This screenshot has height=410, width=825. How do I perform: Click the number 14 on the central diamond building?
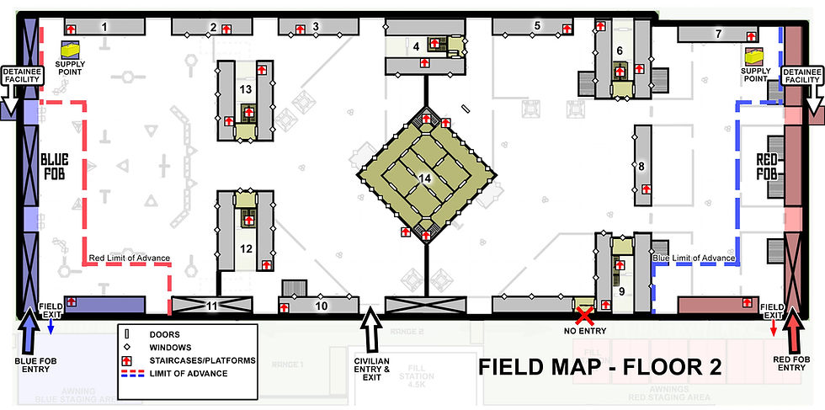(424, 178)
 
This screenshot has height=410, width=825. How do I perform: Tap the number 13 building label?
(246, 88)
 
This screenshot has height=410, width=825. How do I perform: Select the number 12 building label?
(246, 248)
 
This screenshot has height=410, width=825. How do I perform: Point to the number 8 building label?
(641, 166)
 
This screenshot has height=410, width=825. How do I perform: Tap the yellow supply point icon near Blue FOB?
(68, 52)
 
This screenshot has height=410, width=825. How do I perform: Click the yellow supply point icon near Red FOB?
(753, 57)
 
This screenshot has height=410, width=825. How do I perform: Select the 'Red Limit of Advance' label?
(130, 258)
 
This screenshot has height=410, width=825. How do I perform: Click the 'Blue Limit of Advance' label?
(695, 258)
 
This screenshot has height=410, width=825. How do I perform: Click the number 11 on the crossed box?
(212, 305)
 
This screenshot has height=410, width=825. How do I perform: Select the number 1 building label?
(104, 27)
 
